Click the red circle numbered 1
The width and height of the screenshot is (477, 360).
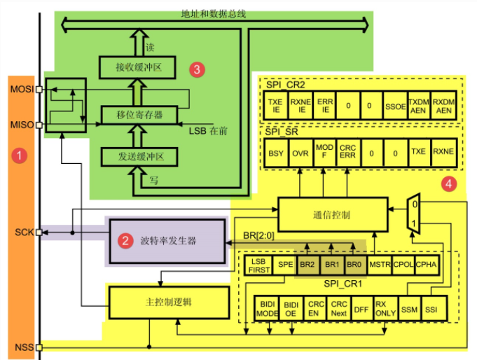(x=22, y=155)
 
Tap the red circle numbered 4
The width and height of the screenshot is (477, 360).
(x=448, y=185)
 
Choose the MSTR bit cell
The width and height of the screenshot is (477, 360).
(x=380, y=265)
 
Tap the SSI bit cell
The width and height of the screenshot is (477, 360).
(x=431, y=309)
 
